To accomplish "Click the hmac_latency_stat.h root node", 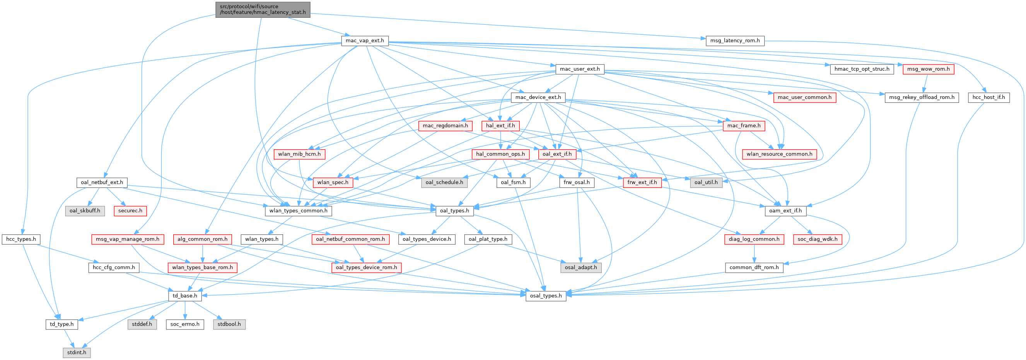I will click(263, 9).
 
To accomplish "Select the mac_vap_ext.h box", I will click(364, 41).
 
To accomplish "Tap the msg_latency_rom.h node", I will click(735, 41).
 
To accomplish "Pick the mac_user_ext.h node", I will click(579, 69).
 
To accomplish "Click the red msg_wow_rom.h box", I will click(928, 69).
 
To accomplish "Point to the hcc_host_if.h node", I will click(988, 97).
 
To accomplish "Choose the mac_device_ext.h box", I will click(538, 97).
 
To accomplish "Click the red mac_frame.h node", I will click(744, 125).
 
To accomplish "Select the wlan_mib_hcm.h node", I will click(299, 154).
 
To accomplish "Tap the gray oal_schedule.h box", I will click(444, 183).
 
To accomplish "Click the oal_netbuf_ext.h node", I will click(102, 183).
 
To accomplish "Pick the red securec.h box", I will click(130, 211).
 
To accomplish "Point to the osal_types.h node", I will click(546, 296).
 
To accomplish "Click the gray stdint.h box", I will click(77, 352).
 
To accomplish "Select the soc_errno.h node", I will click(185, 324).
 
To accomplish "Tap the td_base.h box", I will click(185, 296).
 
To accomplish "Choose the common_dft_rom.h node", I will click(754, 268).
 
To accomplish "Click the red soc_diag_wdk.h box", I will click(817, 239).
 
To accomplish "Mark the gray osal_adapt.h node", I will click(581, 268).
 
